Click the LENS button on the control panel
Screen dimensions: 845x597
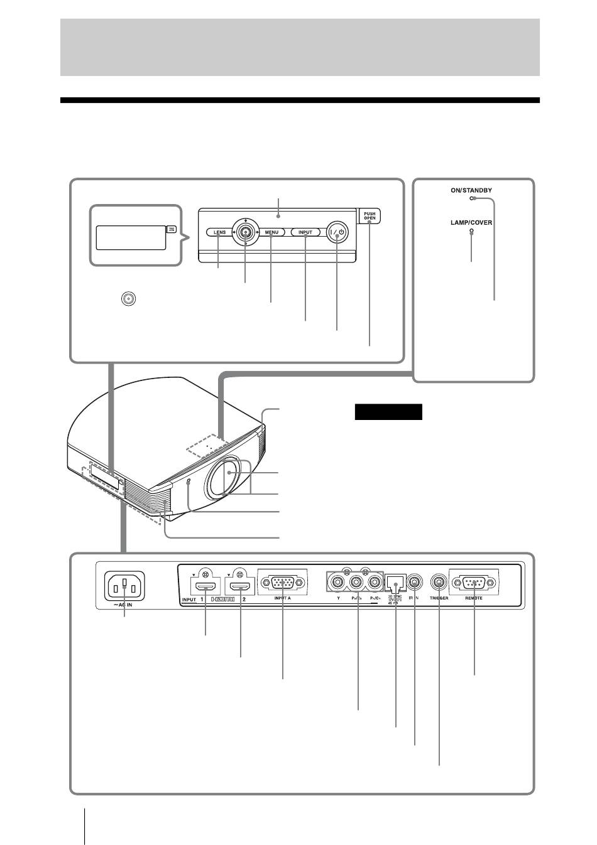[x=219, y=232]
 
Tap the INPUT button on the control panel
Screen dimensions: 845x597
[x=305, y=232]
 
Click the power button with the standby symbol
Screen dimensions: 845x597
[x=337, y=232]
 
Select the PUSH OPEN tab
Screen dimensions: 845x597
[x=370, y=216]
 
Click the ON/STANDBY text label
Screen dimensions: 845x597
[x=471, y=190]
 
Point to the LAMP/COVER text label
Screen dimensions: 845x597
[x=471, y=222]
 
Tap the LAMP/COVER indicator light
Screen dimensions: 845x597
[x=471, y=231]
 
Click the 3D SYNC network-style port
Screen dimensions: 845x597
[x=396, y=584]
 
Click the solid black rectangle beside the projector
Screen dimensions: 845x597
[x=388, y=412]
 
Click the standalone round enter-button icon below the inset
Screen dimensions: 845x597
[x=128, y=299]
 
